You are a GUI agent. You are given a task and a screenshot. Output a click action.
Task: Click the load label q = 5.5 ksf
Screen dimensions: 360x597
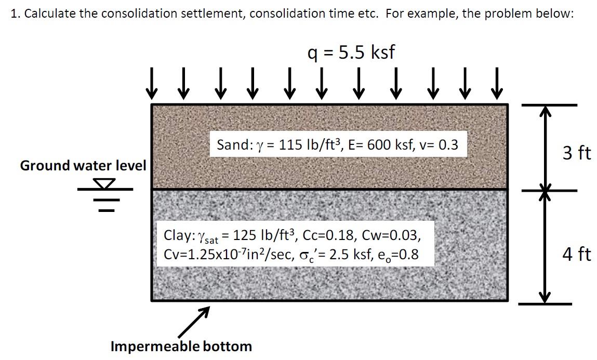(351, 52)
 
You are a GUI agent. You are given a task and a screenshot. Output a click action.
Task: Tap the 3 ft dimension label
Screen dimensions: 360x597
(577, 153)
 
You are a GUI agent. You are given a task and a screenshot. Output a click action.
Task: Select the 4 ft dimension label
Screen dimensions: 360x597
(577, 254)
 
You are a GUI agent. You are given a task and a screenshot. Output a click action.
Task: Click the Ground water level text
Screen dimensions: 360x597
(83, 166)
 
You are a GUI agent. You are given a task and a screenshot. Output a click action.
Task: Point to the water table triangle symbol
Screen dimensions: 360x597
(105, 183)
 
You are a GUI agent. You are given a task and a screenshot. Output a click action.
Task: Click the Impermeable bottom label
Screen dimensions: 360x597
(181, 346)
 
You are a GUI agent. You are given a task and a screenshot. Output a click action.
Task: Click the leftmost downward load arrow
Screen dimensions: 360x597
(152, 84)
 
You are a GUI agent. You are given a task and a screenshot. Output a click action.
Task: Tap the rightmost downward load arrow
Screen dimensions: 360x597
(497, 84)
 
